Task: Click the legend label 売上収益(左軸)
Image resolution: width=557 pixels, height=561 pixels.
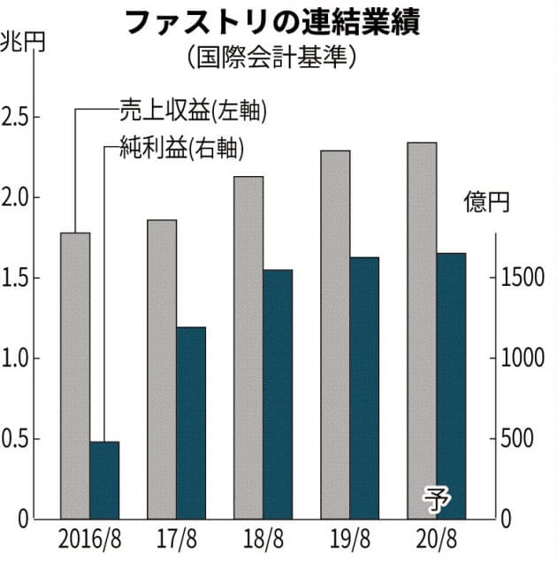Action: click(x=194, y=110)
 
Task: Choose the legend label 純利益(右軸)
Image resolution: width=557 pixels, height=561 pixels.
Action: click(x=180, y=148)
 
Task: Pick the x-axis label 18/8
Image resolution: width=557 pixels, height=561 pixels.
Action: click(x=263, y=539)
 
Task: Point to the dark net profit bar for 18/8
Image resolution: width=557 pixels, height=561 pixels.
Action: click(x=278, y=394)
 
